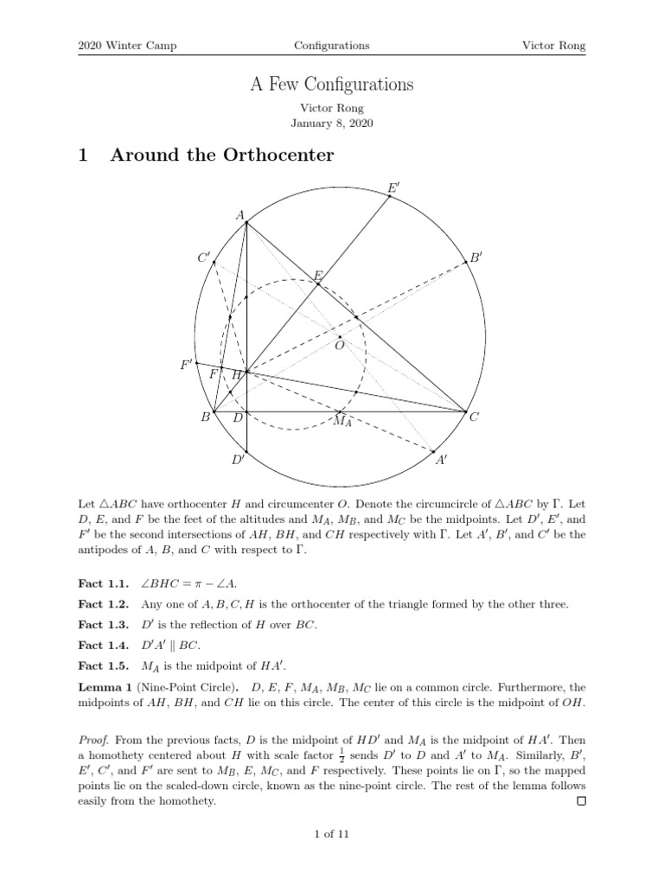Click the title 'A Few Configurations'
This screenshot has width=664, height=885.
(332, 85)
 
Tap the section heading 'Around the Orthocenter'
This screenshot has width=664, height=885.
(221, 156)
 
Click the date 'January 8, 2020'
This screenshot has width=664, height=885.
(332, 124)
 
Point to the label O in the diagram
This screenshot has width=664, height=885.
(340, 346)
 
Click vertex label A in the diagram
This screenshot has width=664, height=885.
(239, 215)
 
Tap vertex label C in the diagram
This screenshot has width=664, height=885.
(474, 418)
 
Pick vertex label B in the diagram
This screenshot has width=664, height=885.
(206, 418)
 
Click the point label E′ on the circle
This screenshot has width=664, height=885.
(394, 187)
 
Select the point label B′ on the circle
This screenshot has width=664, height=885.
(476, 258)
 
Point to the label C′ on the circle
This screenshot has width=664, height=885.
(204, 258)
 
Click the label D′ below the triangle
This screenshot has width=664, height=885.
(239, 461)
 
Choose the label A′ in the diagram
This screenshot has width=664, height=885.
(442, 461)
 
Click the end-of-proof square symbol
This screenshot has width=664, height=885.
(581, 801)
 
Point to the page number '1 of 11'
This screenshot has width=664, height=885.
(332, 834)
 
